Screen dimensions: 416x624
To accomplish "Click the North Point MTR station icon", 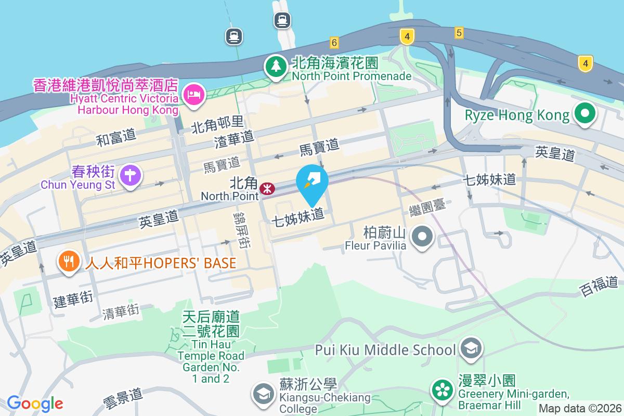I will (268, 188).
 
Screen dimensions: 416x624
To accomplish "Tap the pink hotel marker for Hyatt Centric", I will (194, 94).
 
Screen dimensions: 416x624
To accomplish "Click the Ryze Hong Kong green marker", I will (584, 113).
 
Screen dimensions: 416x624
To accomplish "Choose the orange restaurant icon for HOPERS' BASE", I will (69, 259).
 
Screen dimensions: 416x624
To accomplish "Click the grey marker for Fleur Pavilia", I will (422, 237).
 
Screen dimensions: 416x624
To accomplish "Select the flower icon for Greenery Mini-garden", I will (442, 389).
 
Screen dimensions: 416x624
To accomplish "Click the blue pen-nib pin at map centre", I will (312, 182).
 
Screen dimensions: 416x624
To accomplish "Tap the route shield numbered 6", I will (334, 42).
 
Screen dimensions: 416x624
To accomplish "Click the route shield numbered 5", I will (458, 33).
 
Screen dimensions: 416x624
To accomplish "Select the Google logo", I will (35, 404).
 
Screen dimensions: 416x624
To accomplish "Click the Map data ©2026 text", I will (579, 408).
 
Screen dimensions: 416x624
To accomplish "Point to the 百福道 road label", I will (599, 286).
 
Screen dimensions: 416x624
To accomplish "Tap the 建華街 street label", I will (73, 299).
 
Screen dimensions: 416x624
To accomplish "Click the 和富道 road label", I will (116, 138).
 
